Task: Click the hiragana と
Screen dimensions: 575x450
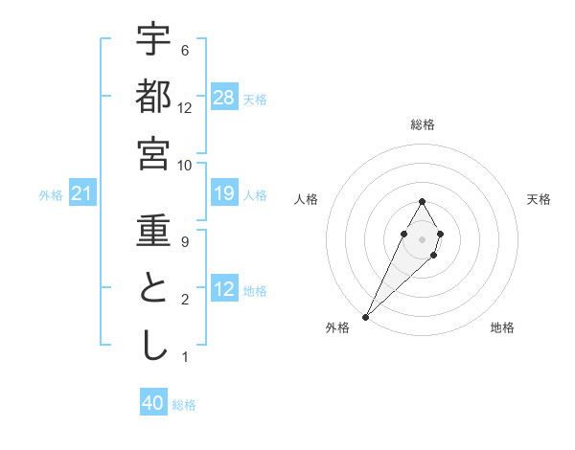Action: (153, 288)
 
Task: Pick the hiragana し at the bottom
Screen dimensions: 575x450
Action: (153, 346)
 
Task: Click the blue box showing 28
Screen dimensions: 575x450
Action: (224, 98)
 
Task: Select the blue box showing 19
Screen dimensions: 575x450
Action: (224, 193)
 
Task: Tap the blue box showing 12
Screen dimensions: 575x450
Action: (224, 289)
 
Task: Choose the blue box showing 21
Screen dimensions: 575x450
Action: (82, 194)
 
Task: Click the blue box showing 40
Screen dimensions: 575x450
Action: (153, 403)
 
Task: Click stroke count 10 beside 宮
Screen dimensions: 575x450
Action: (185, 166)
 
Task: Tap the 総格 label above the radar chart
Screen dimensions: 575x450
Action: (422, 124)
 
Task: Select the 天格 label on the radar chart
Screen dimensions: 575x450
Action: (539, 199)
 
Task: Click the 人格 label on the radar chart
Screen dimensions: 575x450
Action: (306, 199)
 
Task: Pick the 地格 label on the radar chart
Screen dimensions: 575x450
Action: (502, 327)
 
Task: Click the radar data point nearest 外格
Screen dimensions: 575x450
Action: (366, 316)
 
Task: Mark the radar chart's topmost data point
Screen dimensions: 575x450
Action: (422, 201)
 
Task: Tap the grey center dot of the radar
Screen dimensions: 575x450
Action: (422, 237)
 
